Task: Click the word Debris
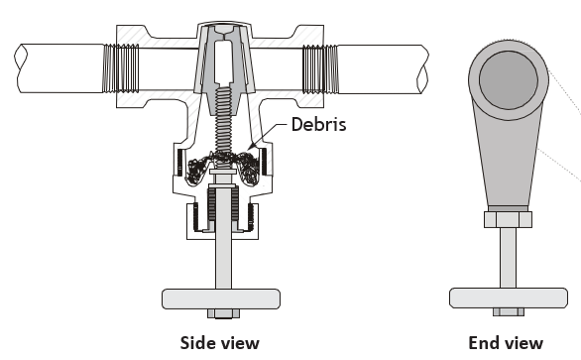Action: (x=318, y=124)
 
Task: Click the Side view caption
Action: (x=220, y=343)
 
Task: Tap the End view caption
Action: (x=506, y=343)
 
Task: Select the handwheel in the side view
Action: (x=221, y=299)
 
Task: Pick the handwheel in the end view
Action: (x=509, y=298)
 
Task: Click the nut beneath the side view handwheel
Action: (x=223, y=313)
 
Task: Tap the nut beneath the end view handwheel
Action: (x=509, y=312)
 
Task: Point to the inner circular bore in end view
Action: (x=509, y=80)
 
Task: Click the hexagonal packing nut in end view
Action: (x=508, y=219)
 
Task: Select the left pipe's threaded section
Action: (x=121, y=68)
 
